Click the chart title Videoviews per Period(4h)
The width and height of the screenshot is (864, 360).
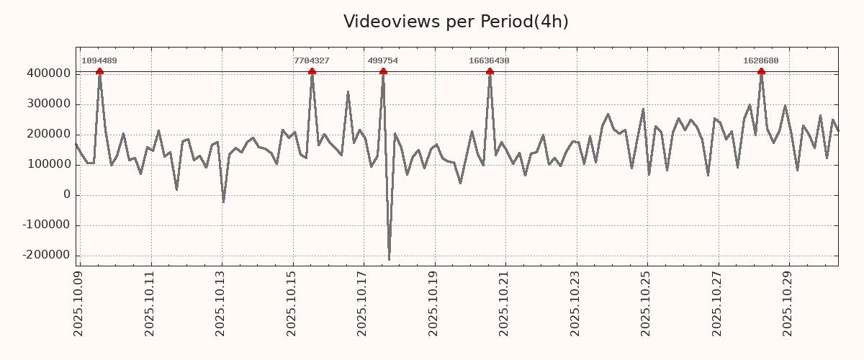tap(456, 22)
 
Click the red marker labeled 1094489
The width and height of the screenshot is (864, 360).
tap(99, 71)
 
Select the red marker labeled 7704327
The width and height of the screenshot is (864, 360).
tap(312, 71)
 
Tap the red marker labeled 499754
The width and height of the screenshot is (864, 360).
tap(383, 71)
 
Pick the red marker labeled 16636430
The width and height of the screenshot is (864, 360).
tap(490, 71)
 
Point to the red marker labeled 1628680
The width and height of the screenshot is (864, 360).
tap(761, 71)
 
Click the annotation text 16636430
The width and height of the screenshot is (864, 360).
tap(489, 61)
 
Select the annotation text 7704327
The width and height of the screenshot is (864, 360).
tap(311, 61)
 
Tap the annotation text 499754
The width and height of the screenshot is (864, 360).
tap(382, 61)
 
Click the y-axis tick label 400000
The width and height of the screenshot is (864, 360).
tap(48, 73)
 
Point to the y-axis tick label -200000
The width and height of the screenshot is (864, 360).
tap(45, 255)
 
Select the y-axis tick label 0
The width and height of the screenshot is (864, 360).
tap(67, 194)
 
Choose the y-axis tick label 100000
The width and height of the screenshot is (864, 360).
tap(48, 164)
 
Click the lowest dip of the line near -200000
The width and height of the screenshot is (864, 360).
tap(389, 259)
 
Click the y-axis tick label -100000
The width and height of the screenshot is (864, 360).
tap(45, 225)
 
